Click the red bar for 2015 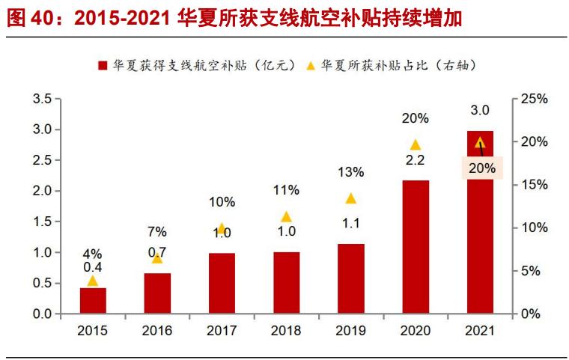tap(93, 301)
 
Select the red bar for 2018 tap(286, 283)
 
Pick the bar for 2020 tap(416, 247)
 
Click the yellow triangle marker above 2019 tap(350, 198)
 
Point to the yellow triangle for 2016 tap(157, 258)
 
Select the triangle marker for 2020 tap(416, 144)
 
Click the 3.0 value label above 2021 tap(480, 111)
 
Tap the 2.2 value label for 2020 tap(416, 160)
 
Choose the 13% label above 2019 tap(350, 172)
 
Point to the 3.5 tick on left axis tap(41, 99)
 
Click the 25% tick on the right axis tap(535, 99)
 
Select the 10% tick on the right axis tap(535, 228)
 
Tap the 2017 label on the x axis tap(222, 331)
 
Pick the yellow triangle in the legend tap(311, 66)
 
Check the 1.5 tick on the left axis tap(41, 222)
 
